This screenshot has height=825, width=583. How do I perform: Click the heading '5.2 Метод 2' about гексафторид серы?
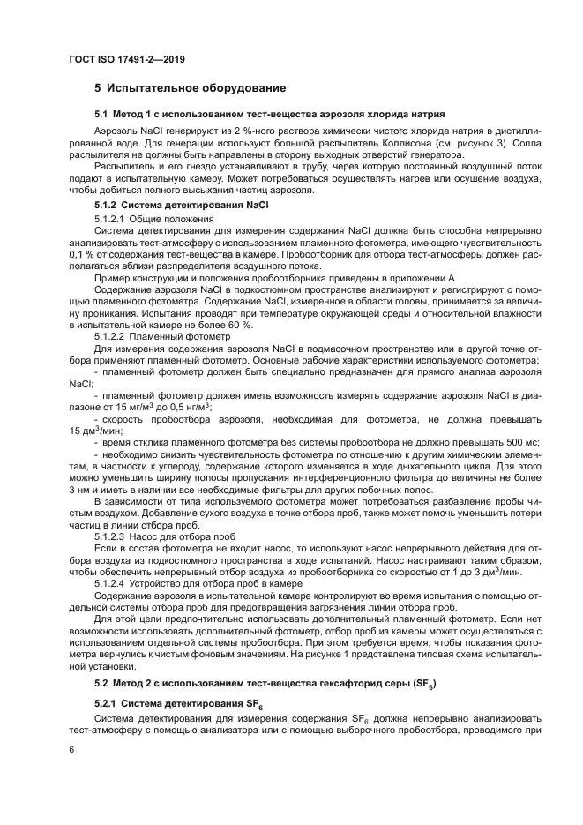[x=265, y=684]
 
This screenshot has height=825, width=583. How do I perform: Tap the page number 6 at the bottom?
[x=72, y=748]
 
